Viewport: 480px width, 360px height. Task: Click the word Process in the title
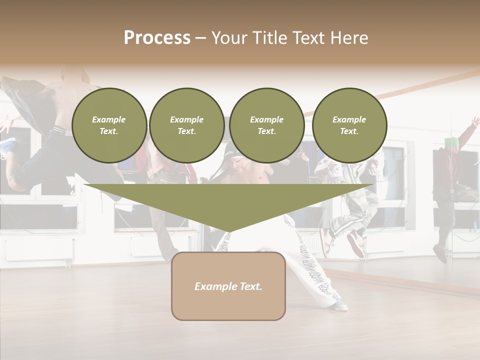pyautogui.click(x=157, y=38)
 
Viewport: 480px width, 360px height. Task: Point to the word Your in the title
pyautogui.click(x=228, y=38)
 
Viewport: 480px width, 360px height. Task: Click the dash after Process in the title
pyautogui.click(x=200, y=38)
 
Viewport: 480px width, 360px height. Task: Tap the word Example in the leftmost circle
pyautogui.click(x=109, y=119)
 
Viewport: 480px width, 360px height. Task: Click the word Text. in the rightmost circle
pyautogui.click(x=349, y=131)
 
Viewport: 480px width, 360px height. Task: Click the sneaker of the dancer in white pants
pyautogui.click(x=340, y=305)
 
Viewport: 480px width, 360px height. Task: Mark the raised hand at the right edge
pyautogui.click(x=474, y=121)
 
